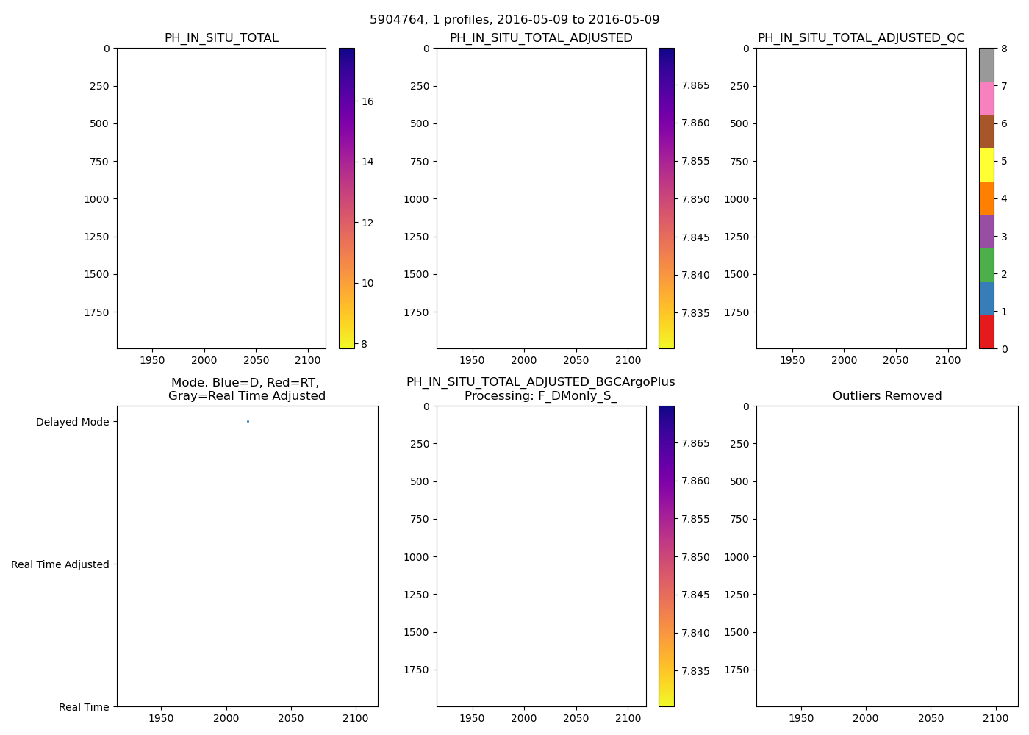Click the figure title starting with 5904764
coord(514,20)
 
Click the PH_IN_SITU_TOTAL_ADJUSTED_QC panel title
coord(861,38)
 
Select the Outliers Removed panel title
coord(886,396)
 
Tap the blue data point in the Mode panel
coord(248,421)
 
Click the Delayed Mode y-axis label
coord(72,422)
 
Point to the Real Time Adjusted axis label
coord(60,564)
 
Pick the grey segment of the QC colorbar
coord(986,65)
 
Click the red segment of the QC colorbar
coord(986,332)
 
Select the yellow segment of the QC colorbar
coord(986,165)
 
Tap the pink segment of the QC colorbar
coord(986,98)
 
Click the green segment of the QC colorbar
coord(986,265)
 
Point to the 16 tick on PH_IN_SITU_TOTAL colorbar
coord(367,101)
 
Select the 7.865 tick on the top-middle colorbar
coord(695,85)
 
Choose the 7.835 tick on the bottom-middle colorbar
coord(695,671)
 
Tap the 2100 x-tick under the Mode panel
coord(356,718)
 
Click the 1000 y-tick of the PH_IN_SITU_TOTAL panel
coord(96,199)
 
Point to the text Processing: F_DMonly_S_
coord(540,396)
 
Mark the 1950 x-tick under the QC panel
coord(792,360)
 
